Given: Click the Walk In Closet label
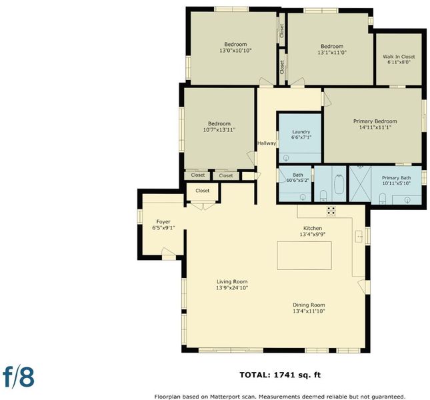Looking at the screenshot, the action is (x=399, y=57).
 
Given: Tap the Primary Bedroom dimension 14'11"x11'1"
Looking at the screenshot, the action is (x=375, y=127).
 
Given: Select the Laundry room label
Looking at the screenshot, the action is (x=301, y=131).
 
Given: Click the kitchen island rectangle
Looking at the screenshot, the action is (x=305, y=255).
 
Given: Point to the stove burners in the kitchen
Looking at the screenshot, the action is (x=331, y=211).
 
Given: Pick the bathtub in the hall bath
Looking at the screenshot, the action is (x=339, y=184).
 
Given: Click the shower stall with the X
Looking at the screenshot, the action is (x=360, y=184).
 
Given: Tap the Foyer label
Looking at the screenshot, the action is (x=163, y=221).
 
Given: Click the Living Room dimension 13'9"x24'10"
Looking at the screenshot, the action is (x=232, y=287).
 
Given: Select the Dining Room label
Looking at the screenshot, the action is (x=309, y=305).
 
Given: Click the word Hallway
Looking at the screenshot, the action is (x=267, y=143).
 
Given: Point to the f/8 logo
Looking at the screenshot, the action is (x=19, y=377).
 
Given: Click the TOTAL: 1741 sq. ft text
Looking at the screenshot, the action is (x=280, y=375).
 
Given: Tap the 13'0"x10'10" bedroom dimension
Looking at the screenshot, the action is (x=235, y=51).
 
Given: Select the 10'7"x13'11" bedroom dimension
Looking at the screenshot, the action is (x=219, y=130).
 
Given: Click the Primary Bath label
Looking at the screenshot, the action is (x=396, y=178).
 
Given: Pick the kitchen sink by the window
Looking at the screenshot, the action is (x=359, y=236).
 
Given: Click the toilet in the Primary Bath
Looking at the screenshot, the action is (x=382, y=199).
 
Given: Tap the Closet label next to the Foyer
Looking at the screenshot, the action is (x=203, y=191).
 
